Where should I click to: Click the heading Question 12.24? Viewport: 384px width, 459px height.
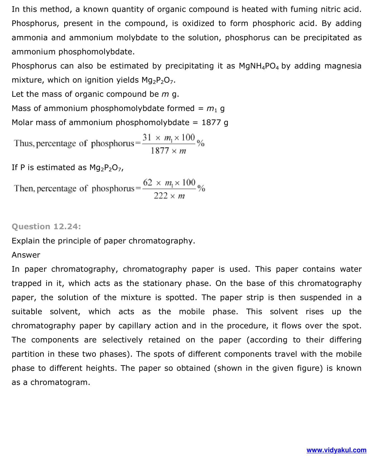pyautogui.click(x=46, y=226)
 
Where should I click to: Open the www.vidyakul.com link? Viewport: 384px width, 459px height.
pyautogui.click(x=336, y=450)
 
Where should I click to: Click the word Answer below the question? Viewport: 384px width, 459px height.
pyautogui.click(x=26, y=255)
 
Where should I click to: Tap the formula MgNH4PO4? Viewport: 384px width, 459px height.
pyautogui.click(x=259, y=66)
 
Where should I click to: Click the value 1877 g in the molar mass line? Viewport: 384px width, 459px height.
pyautogui.click(x=215, y=122)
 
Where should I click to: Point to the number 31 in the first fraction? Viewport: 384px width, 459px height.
pyautogui.click(x=147, y=137)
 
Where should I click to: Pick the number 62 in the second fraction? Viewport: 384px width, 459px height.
pyautogui.click(x=147, y=183)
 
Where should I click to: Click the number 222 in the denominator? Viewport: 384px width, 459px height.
pyautogui.click(x=161, y=196)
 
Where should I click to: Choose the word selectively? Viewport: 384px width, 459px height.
pyautogui.click(x=122, y=340)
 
